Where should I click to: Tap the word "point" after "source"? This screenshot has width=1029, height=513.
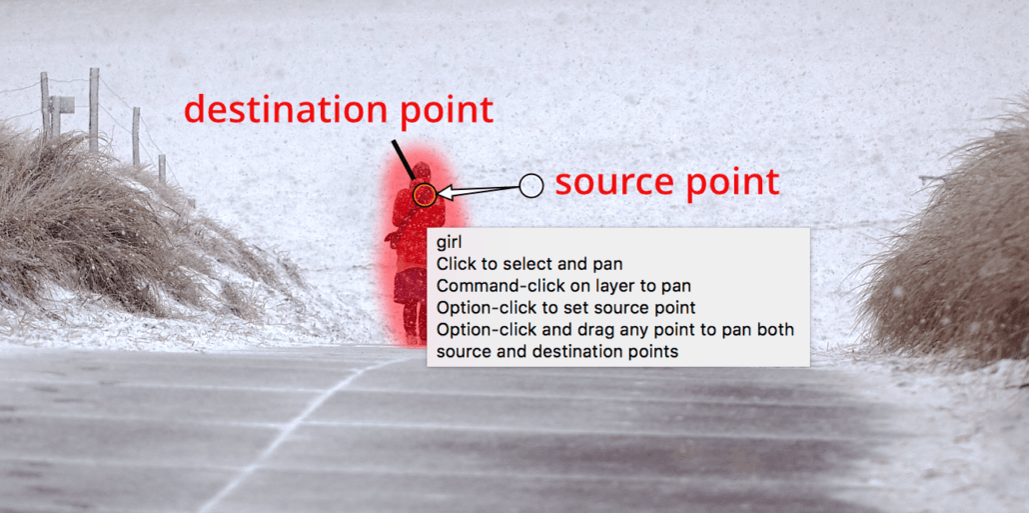click(727, 183)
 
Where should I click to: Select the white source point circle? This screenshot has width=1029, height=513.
click(531, 185)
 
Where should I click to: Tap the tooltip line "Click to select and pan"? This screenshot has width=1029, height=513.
click(529, 264)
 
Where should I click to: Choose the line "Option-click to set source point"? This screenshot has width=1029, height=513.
click(565, 307)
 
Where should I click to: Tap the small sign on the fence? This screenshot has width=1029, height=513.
click(64, 104)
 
